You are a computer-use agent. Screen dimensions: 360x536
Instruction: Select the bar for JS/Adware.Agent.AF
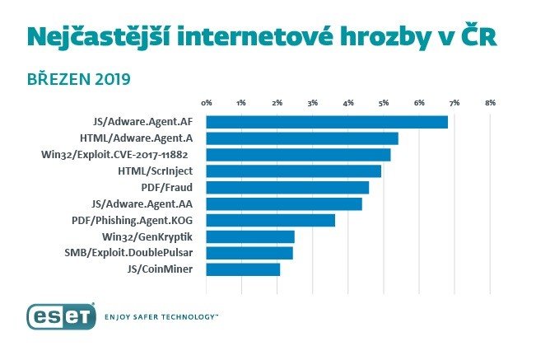tap(326, 122)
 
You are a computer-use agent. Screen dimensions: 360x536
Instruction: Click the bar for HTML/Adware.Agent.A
tap(301, 138)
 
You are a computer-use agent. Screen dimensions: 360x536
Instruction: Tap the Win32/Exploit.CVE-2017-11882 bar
tap(297, 155)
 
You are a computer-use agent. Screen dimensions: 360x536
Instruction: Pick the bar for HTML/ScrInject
tap(293, 171)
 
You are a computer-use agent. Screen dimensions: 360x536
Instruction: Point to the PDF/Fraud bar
tap(287, 188)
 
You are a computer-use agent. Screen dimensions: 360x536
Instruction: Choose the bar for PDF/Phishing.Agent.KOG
tap(270, 220)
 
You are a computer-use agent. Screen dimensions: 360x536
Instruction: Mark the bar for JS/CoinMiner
tap(243, 269)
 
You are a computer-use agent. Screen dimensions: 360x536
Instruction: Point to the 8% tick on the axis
tap(490, 103)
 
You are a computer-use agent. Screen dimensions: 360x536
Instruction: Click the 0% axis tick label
tap(207, 103)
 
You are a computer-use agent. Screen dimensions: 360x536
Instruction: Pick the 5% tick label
tap(384, 103)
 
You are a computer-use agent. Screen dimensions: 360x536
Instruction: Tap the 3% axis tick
tap(313, 103)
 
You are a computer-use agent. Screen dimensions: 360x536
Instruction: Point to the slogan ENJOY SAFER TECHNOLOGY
tap(161, 316)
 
